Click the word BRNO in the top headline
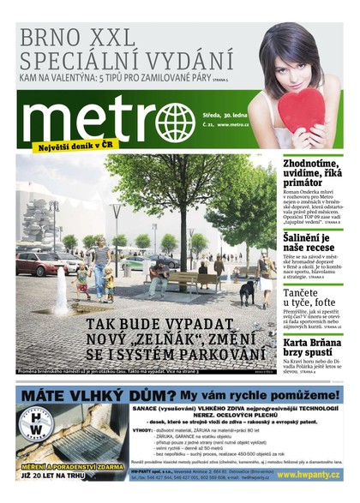(x=50, y=38)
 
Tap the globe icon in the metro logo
(x=175, y=122)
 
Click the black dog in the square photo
(x=246, y=293)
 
